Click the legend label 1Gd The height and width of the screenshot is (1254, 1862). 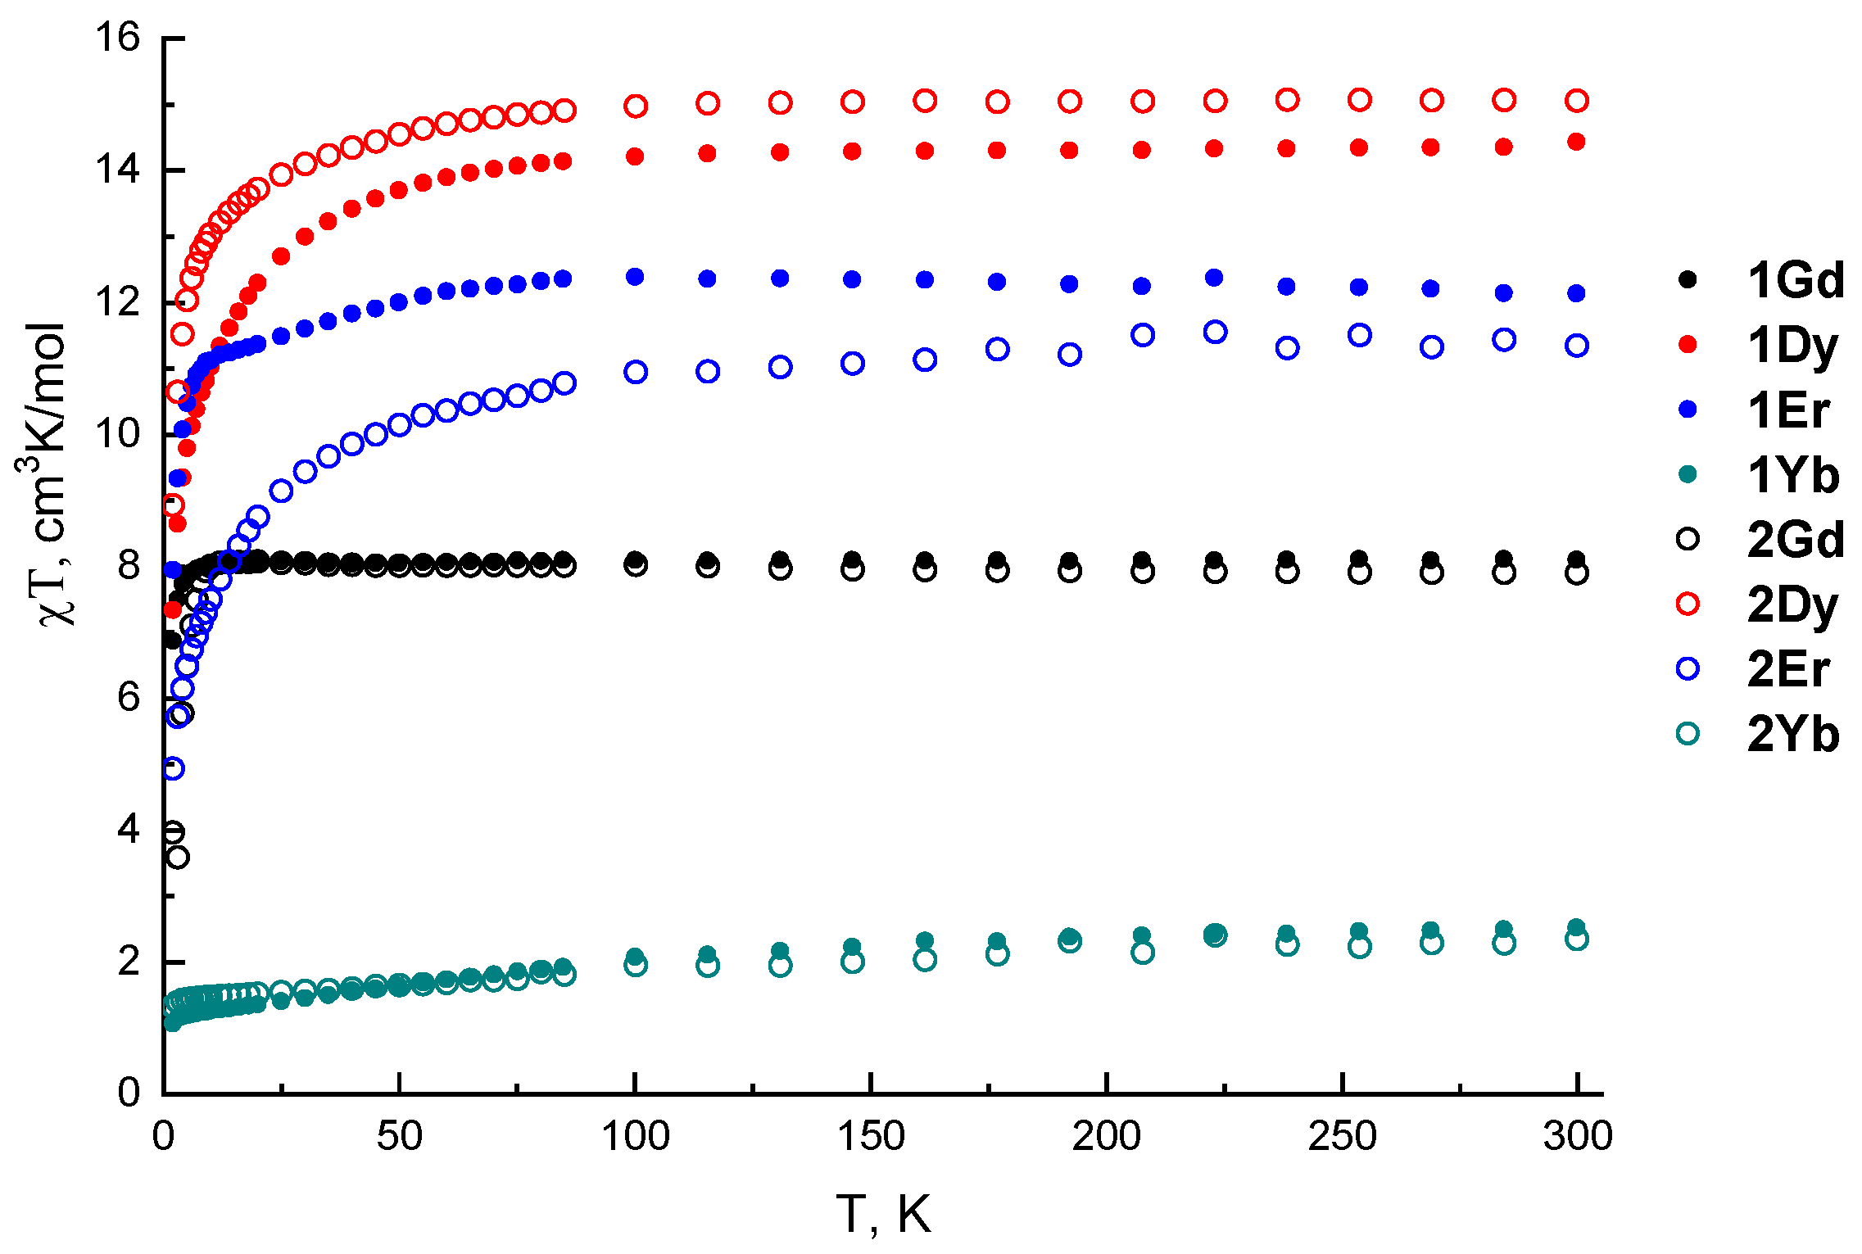point(1796,280)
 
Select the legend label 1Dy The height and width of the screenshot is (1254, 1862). point(1792,346)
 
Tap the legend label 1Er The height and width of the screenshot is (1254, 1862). point(1788,410)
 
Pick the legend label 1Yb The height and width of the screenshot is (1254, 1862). point(1793,475)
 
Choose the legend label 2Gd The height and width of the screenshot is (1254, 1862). point(1796,539)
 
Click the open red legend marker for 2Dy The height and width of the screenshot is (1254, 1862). point(1688,604)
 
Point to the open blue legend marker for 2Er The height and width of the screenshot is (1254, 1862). point(1688,668)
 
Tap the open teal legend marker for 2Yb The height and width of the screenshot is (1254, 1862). point(1688,733)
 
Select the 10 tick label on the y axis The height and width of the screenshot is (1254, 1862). point(117,433)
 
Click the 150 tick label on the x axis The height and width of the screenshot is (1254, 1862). point(871,1137)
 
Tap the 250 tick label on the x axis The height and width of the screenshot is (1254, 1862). point(1342,1137)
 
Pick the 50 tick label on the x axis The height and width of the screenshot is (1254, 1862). point(399,1137)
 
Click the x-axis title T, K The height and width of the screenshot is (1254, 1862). point(883,1214)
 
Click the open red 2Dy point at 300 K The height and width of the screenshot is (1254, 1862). point(1576,101)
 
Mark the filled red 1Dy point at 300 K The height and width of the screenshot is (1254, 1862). point(1576,142)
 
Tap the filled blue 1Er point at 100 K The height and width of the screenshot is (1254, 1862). point(635,277)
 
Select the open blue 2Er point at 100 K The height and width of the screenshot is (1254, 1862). point(636,372)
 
